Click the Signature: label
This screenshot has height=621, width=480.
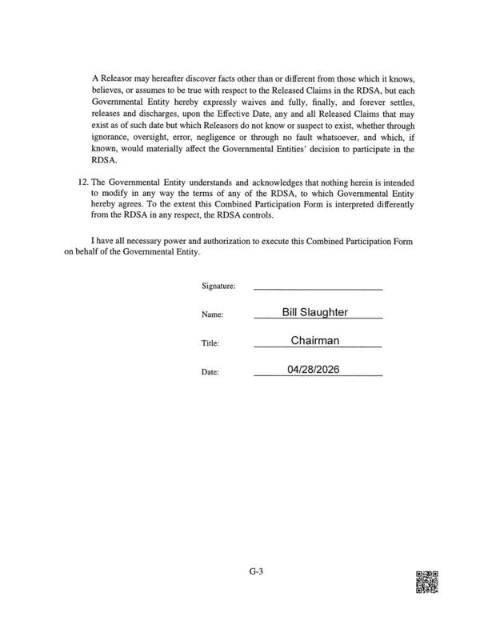(218, 286)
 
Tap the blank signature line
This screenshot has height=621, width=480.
(318, 286)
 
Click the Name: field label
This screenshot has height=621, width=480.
(212, 315)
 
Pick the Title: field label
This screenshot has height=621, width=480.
(210, 344)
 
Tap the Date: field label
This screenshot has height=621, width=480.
(210, 373)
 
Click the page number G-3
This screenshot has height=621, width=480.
(255, 571)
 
